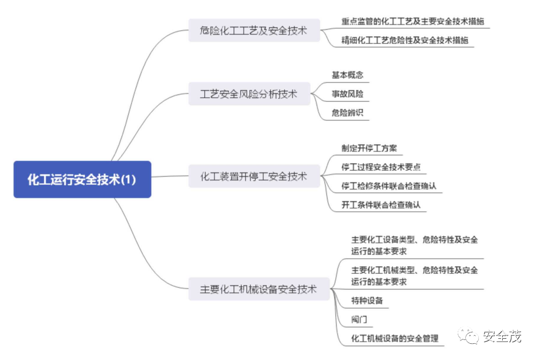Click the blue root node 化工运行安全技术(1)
pos(82,179)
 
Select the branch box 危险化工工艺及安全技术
pos(254,31)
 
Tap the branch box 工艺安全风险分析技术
pos(249,94)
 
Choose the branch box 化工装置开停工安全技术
pos(254,176)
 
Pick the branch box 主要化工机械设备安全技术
pos(258,289)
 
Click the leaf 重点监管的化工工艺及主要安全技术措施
pos(412,22)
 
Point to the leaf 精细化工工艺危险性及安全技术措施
pos(405,40)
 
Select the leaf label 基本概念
pos(347,75)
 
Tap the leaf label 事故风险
pos(347,94)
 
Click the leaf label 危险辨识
pos(347,113)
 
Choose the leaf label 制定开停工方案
pos(371,148)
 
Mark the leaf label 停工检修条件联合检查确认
pos(389,186)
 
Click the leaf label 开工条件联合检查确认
pos(381,205)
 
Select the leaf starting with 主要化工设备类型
pos(414,245)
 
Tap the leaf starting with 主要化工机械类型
pos(414,275)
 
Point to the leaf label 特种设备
pos(367,300)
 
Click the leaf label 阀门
pos(359,319)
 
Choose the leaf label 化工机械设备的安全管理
pos(395,338)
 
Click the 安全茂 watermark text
pos(502,337)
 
